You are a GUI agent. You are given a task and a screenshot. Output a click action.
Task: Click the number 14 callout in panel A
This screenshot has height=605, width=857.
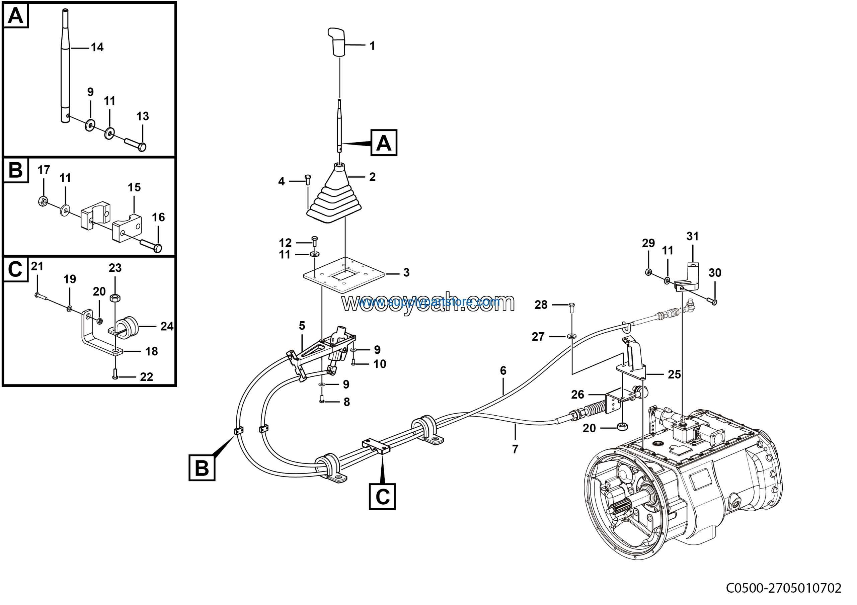tap(97, 48)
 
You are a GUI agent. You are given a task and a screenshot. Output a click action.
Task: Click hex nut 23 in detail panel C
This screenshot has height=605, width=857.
tap(115, 298)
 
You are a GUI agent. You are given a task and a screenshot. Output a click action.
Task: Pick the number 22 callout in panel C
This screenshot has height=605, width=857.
tap(146, 377)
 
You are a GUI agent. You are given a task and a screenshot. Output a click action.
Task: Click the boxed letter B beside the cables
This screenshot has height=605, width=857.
tap(202, 468)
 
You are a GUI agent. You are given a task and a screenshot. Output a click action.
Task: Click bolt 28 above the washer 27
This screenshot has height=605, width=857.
tap(571, 307)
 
